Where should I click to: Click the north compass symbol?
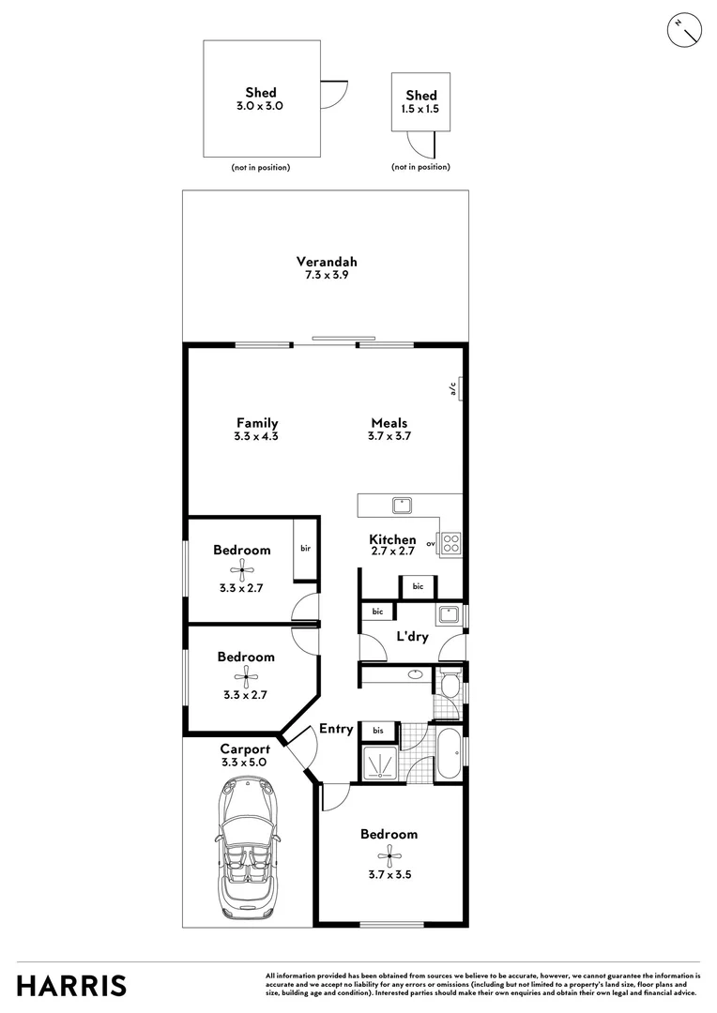click(x=684, y=30)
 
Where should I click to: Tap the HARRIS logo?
click(x=71, y=986)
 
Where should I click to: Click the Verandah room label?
click(x=327, y=262)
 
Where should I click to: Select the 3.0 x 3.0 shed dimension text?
click(x=260, y=106)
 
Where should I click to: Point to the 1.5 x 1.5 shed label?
click(x=420, y=109)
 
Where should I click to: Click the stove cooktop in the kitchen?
click(x=450, y=543)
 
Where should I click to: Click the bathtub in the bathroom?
click(x=448, y=753)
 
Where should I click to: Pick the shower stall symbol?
click(x=379, y=763)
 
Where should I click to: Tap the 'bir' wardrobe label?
click(x=305, y=549)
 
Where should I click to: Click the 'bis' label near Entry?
click(x=377, y=731)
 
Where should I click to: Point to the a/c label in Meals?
click(x=453, y=388)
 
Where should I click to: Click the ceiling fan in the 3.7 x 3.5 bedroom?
click(x=389, y=856)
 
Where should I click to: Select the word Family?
click(x=257, y=423)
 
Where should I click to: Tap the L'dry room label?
click(x=413, y=636)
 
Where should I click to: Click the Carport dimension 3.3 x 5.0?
click(x=244, y=763)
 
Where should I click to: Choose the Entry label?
click(x=336, y=729)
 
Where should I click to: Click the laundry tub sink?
click(x=448, y=614)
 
